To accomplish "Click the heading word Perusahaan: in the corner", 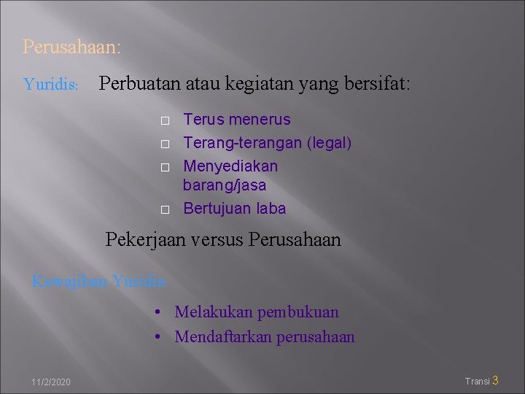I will pos(71,47).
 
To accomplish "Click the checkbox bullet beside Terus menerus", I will pos(165,120).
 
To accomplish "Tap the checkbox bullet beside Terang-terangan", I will pos(165,144).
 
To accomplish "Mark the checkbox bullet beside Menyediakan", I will pos(165,167).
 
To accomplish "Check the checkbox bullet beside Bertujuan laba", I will pos(165,209).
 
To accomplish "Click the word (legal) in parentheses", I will pos(329,143).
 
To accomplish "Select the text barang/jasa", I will pos(225,185).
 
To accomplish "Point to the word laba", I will pos(270,209).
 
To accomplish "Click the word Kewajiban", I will pos(70,281).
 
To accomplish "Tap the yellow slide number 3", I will pos(496,380).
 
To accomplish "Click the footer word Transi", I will pos(478,381).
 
